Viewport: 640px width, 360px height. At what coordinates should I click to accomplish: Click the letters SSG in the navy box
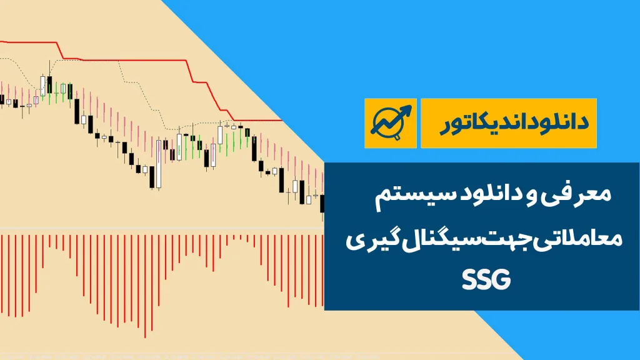pyautogui.click(x=486, y=279)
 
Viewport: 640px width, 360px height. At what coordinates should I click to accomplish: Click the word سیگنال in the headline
pyautogui.click(x=436, y=238)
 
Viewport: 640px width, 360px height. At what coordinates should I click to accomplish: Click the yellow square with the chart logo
pyautogui.click(x=391, y=123)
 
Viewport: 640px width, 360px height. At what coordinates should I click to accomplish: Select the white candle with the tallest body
pyautogui.click(x=159, y=164)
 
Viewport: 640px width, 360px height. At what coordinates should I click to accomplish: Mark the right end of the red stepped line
pyautogui.click(x=282, y=121)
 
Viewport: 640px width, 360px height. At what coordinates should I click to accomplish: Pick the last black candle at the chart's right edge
pyautogui.click(x=322, y=203)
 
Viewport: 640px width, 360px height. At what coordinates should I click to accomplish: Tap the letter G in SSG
pyautogui.click(x=502, y=279)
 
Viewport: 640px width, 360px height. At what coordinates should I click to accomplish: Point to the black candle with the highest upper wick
pyautogui.click(x=50, y=84)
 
